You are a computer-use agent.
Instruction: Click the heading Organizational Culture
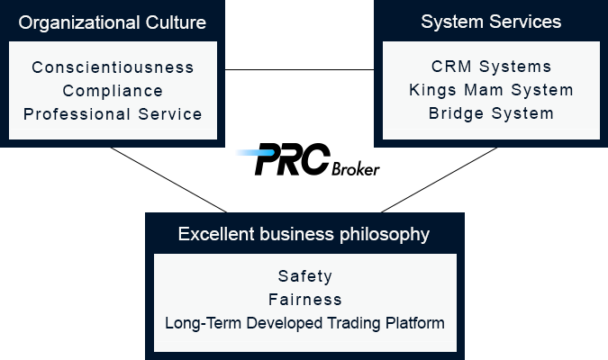click(x=112, y=22)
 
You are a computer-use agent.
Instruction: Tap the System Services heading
click(x=491, y=22)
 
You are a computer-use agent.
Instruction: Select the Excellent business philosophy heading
click(x=304, y=234)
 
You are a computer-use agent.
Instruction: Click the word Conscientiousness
click(x=113, y=67)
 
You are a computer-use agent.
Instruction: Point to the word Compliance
click(x=113, y=92)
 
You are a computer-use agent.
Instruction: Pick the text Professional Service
click(x=113, y=114)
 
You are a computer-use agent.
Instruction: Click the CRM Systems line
click(x=491, y=67)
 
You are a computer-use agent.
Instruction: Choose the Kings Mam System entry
click(x=491, y=90)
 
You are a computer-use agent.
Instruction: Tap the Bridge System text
click(x=491, y=114)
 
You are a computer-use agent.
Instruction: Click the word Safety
click(x=305, y=276)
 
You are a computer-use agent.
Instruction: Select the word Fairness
click(x=305, y=300)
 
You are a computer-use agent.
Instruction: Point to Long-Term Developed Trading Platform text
click(x=304, y=323)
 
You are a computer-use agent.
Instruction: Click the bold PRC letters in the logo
click(x=293, y=159)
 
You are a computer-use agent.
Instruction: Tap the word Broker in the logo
click(x=356, y=169)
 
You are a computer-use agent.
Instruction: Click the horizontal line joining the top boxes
click(x=299, y=70)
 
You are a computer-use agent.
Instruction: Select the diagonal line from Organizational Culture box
click(x=168, y=180)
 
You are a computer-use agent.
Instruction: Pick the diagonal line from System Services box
click(x=439, y=180)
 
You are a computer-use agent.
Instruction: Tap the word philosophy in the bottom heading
click(x=385, y=235)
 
